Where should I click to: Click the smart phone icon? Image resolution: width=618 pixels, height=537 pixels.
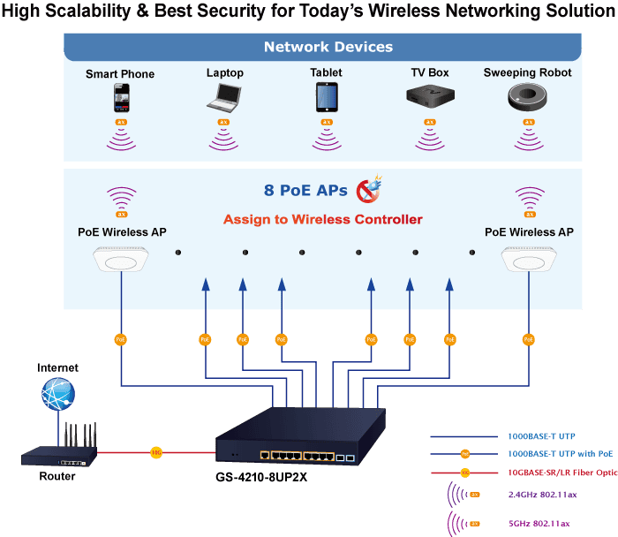click(x=121, y=97)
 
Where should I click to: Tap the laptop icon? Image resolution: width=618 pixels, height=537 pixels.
click(x=224, y=97)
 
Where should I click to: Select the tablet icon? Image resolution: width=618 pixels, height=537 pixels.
click(x=327, y=97)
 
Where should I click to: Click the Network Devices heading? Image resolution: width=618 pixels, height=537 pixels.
click(x=328, y=47)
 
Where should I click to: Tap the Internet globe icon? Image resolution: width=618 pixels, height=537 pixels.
click(x=58, y=393)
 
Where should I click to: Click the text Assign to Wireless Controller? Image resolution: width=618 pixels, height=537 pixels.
click(x=322, y=219)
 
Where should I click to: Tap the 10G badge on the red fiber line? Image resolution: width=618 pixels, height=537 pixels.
click(x=155, y=452)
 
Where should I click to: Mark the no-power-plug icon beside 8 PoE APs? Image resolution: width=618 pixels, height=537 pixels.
click(x=367, y=188)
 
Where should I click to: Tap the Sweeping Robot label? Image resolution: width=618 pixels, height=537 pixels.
click(x=527, y=72)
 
